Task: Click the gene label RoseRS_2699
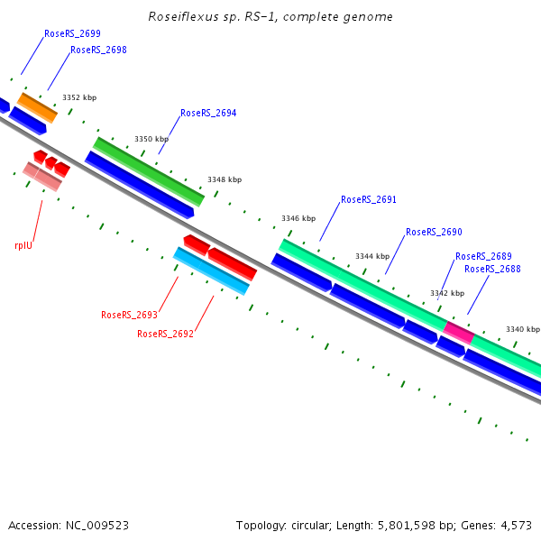tap(72, 33)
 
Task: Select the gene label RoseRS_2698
tap(98, 50)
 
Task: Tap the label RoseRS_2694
tap(208, 114)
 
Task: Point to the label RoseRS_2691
tap(369, 199)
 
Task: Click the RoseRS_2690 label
tap(434, 232)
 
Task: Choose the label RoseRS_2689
tap(483, 256)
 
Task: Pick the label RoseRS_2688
tap(492, 269)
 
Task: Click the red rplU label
tap(23, 244)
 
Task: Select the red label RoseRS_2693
tap(129, 316)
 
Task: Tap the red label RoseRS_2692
tap(165, 334)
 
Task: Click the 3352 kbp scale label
tap(79, 97)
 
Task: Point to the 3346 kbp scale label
tap(298, 218)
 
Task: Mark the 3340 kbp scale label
tap(522, 329)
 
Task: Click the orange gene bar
tap(38, 107)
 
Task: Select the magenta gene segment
tap(459, 332)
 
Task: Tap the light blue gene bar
tap(211, 271)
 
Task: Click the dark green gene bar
tap(149, 171)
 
